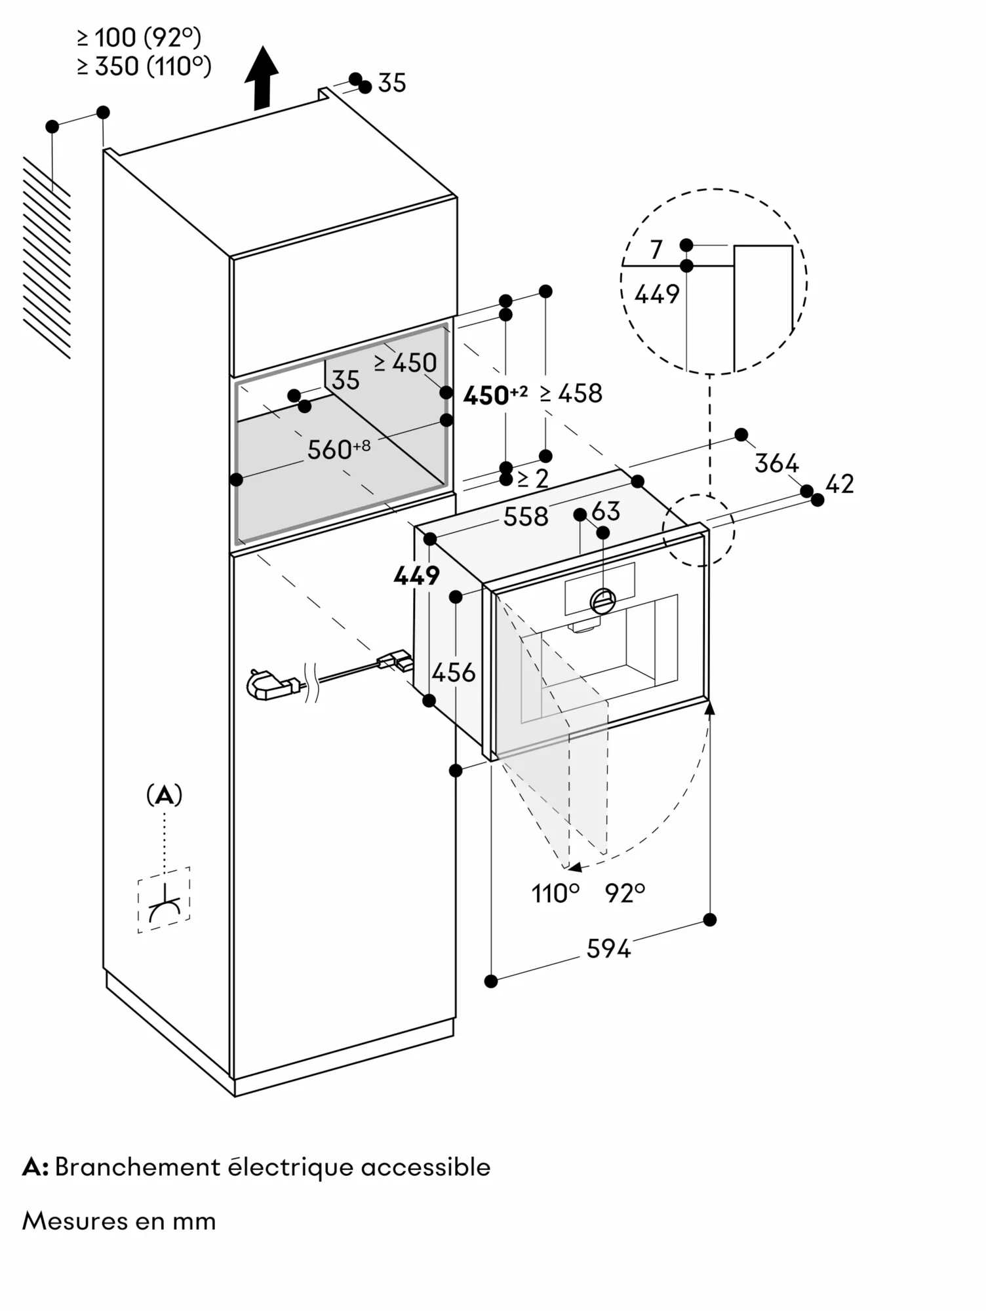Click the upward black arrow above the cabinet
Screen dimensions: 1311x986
(262, 77)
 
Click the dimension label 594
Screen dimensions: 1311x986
(608, 949)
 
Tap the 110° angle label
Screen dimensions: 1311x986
(555, 893)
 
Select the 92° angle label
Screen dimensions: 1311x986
(625, 893)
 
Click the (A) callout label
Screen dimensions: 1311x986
(164, 795)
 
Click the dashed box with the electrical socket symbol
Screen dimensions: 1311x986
(164, 899)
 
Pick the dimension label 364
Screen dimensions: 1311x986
(776, 463)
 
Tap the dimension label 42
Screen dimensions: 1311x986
(840, 484)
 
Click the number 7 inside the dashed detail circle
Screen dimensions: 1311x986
(656, 249)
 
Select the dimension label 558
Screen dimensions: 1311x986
(525, 517)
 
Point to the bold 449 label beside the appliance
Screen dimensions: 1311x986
(416, 576)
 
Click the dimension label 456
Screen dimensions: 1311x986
(454, 672)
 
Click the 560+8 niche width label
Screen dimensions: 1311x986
(338, 449)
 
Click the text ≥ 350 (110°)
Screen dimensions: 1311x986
(144, 66)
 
